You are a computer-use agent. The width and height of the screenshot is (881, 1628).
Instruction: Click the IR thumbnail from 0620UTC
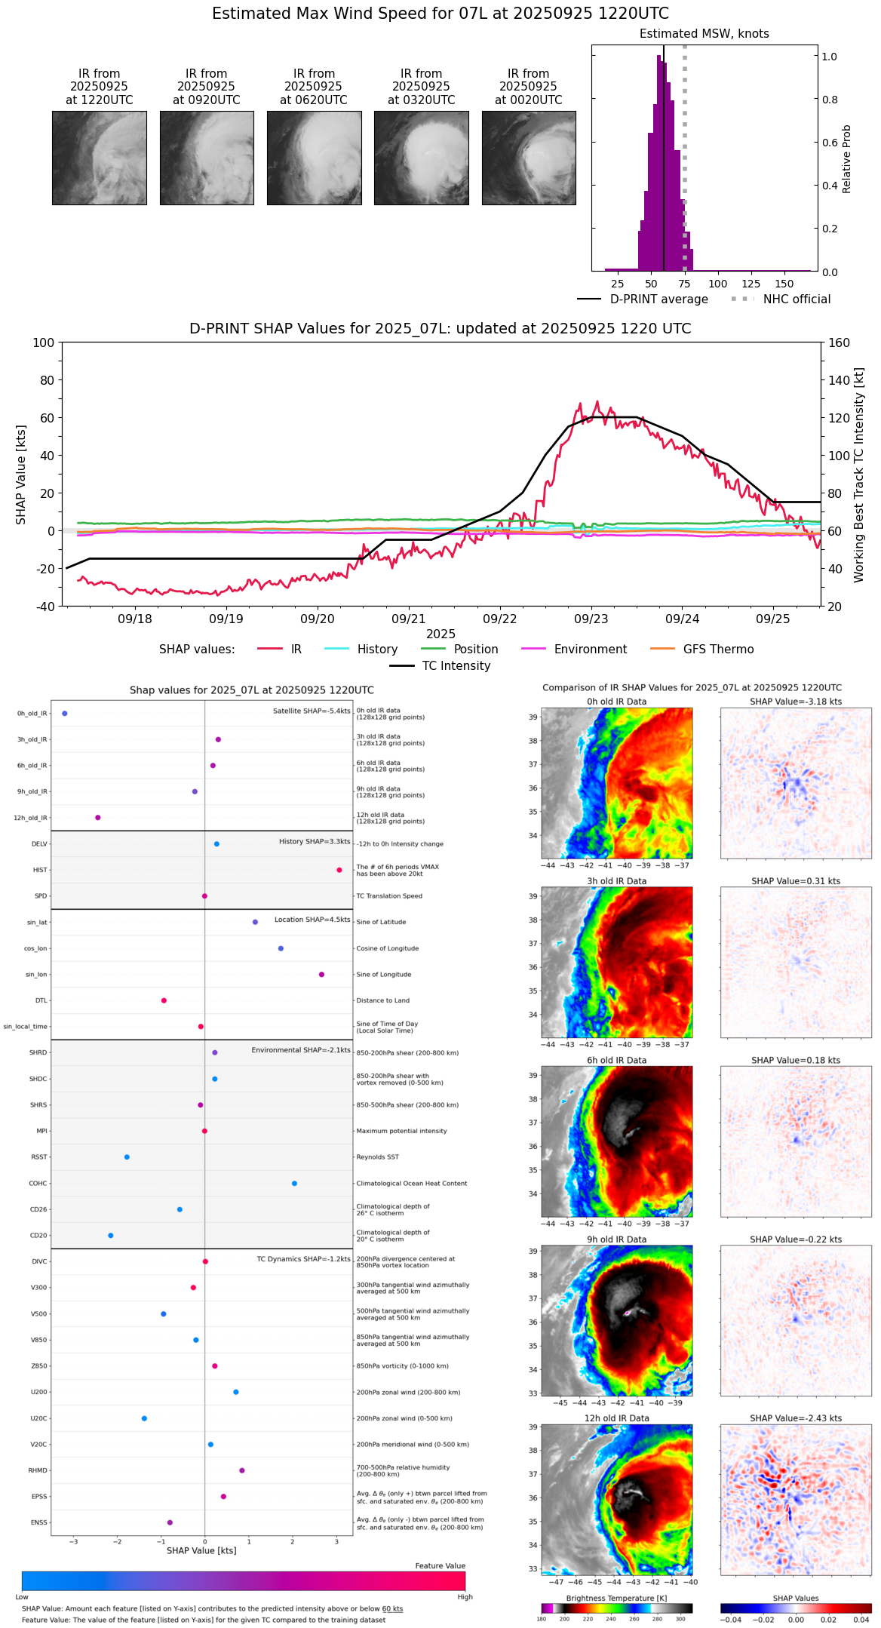coord(314,158)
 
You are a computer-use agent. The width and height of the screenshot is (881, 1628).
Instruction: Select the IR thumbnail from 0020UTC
coord(529,158)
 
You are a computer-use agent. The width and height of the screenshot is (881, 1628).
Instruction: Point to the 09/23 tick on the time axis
coord(591,619)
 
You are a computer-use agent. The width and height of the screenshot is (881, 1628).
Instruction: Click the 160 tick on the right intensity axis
coord(839,342)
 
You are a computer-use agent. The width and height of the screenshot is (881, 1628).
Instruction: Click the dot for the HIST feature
coord(339,870)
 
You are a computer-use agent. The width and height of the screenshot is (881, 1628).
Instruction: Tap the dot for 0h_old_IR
coord(65,713)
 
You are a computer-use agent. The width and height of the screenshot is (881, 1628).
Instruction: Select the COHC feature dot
coord(294,1183)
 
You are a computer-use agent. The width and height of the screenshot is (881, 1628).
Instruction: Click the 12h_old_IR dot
coord(98,817)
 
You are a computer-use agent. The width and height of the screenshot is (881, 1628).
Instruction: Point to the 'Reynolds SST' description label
coord(377,1157)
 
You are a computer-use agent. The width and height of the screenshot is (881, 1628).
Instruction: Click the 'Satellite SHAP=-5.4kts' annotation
coord(312,711)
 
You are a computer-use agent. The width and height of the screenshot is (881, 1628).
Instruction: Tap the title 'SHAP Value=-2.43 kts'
coord(796,1418)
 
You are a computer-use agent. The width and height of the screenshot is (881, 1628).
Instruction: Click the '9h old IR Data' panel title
coord(616,1239)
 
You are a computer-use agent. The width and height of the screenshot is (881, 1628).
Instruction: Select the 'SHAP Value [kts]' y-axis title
coord(21,475)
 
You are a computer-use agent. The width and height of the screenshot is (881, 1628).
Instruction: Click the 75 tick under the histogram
coord(684,284)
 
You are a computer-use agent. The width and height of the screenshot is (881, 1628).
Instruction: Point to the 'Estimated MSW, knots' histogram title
coord(704,34)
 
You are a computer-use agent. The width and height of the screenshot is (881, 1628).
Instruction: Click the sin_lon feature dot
coord(321,974)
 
